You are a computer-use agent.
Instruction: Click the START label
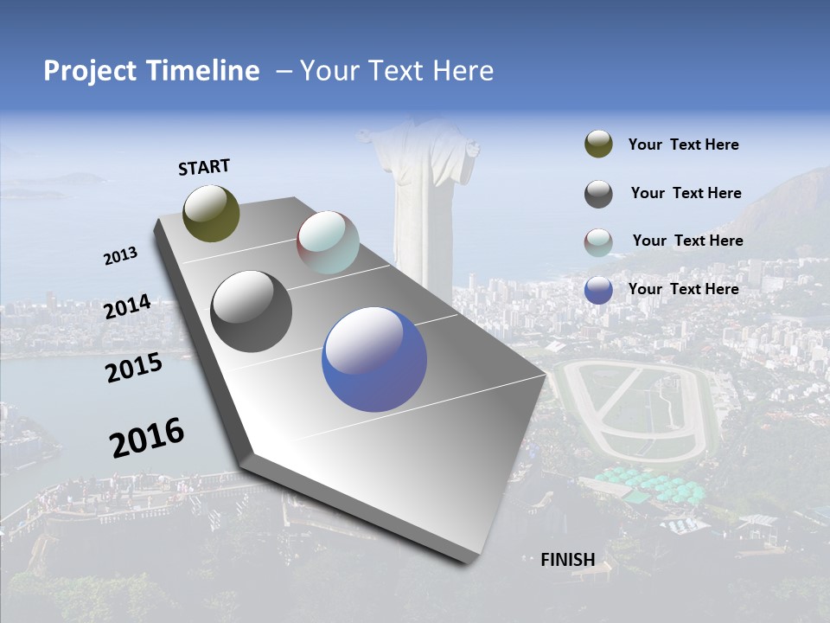pos(204,167)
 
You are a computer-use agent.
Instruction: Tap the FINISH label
pos(567,559)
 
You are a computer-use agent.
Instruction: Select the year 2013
pos(120,256)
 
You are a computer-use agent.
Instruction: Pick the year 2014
pos(127,306)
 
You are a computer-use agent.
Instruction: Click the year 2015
pos(133,368)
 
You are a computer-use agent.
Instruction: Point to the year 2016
pos(147,437)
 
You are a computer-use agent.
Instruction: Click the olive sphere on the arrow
pos(211,213)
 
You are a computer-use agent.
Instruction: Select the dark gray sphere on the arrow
pos(251,311)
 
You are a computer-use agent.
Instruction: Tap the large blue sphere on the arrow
pos(373,360)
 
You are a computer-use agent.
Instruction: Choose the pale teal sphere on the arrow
pos(328,242)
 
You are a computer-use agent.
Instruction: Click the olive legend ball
pos(598,145)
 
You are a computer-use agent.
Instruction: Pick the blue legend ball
pos(598,290)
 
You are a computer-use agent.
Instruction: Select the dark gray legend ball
pos(598,194)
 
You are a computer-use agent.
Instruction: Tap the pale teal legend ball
pos(598,242)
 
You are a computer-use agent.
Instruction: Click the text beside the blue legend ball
pos(683,289)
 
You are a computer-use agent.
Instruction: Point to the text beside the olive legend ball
pos(683,145)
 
